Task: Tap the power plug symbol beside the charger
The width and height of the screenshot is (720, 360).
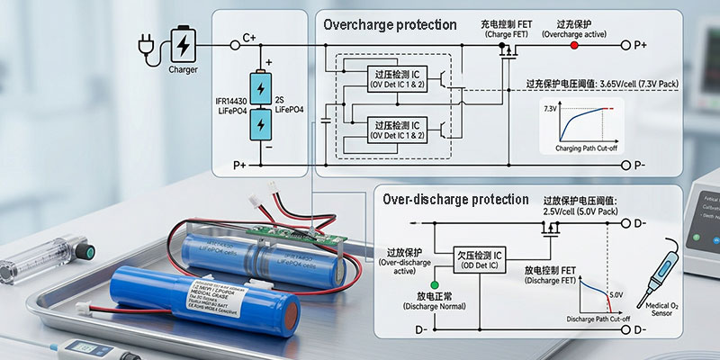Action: coord(145,43)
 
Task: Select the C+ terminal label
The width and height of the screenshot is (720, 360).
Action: coord(249,40)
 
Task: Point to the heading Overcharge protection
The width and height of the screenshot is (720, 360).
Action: coord(390,25)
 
